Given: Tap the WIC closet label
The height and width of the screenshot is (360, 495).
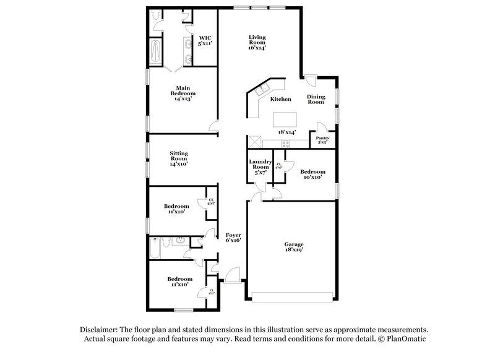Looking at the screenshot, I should coord(204,41).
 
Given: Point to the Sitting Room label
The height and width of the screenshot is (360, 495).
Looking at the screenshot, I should coord(179,158).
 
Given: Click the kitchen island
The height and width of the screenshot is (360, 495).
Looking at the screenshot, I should coord(284,118).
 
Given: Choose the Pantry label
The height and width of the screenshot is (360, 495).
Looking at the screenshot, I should coord(322,140).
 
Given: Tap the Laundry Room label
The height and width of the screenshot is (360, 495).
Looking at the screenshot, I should coord(260,167).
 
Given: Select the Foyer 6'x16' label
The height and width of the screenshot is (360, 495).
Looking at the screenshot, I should coord(233,239).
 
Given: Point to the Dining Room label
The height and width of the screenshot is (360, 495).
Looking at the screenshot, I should coord(316,99).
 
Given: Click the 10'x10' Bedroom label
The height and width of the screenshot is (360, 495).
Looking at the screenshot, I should coord(312,174).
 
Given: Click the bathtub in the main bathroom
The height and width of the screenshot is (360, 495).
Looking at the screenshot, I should coord(155,52).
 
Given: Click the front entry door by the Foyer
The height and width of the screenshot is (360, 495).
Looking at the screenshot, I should coord(233,275).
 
